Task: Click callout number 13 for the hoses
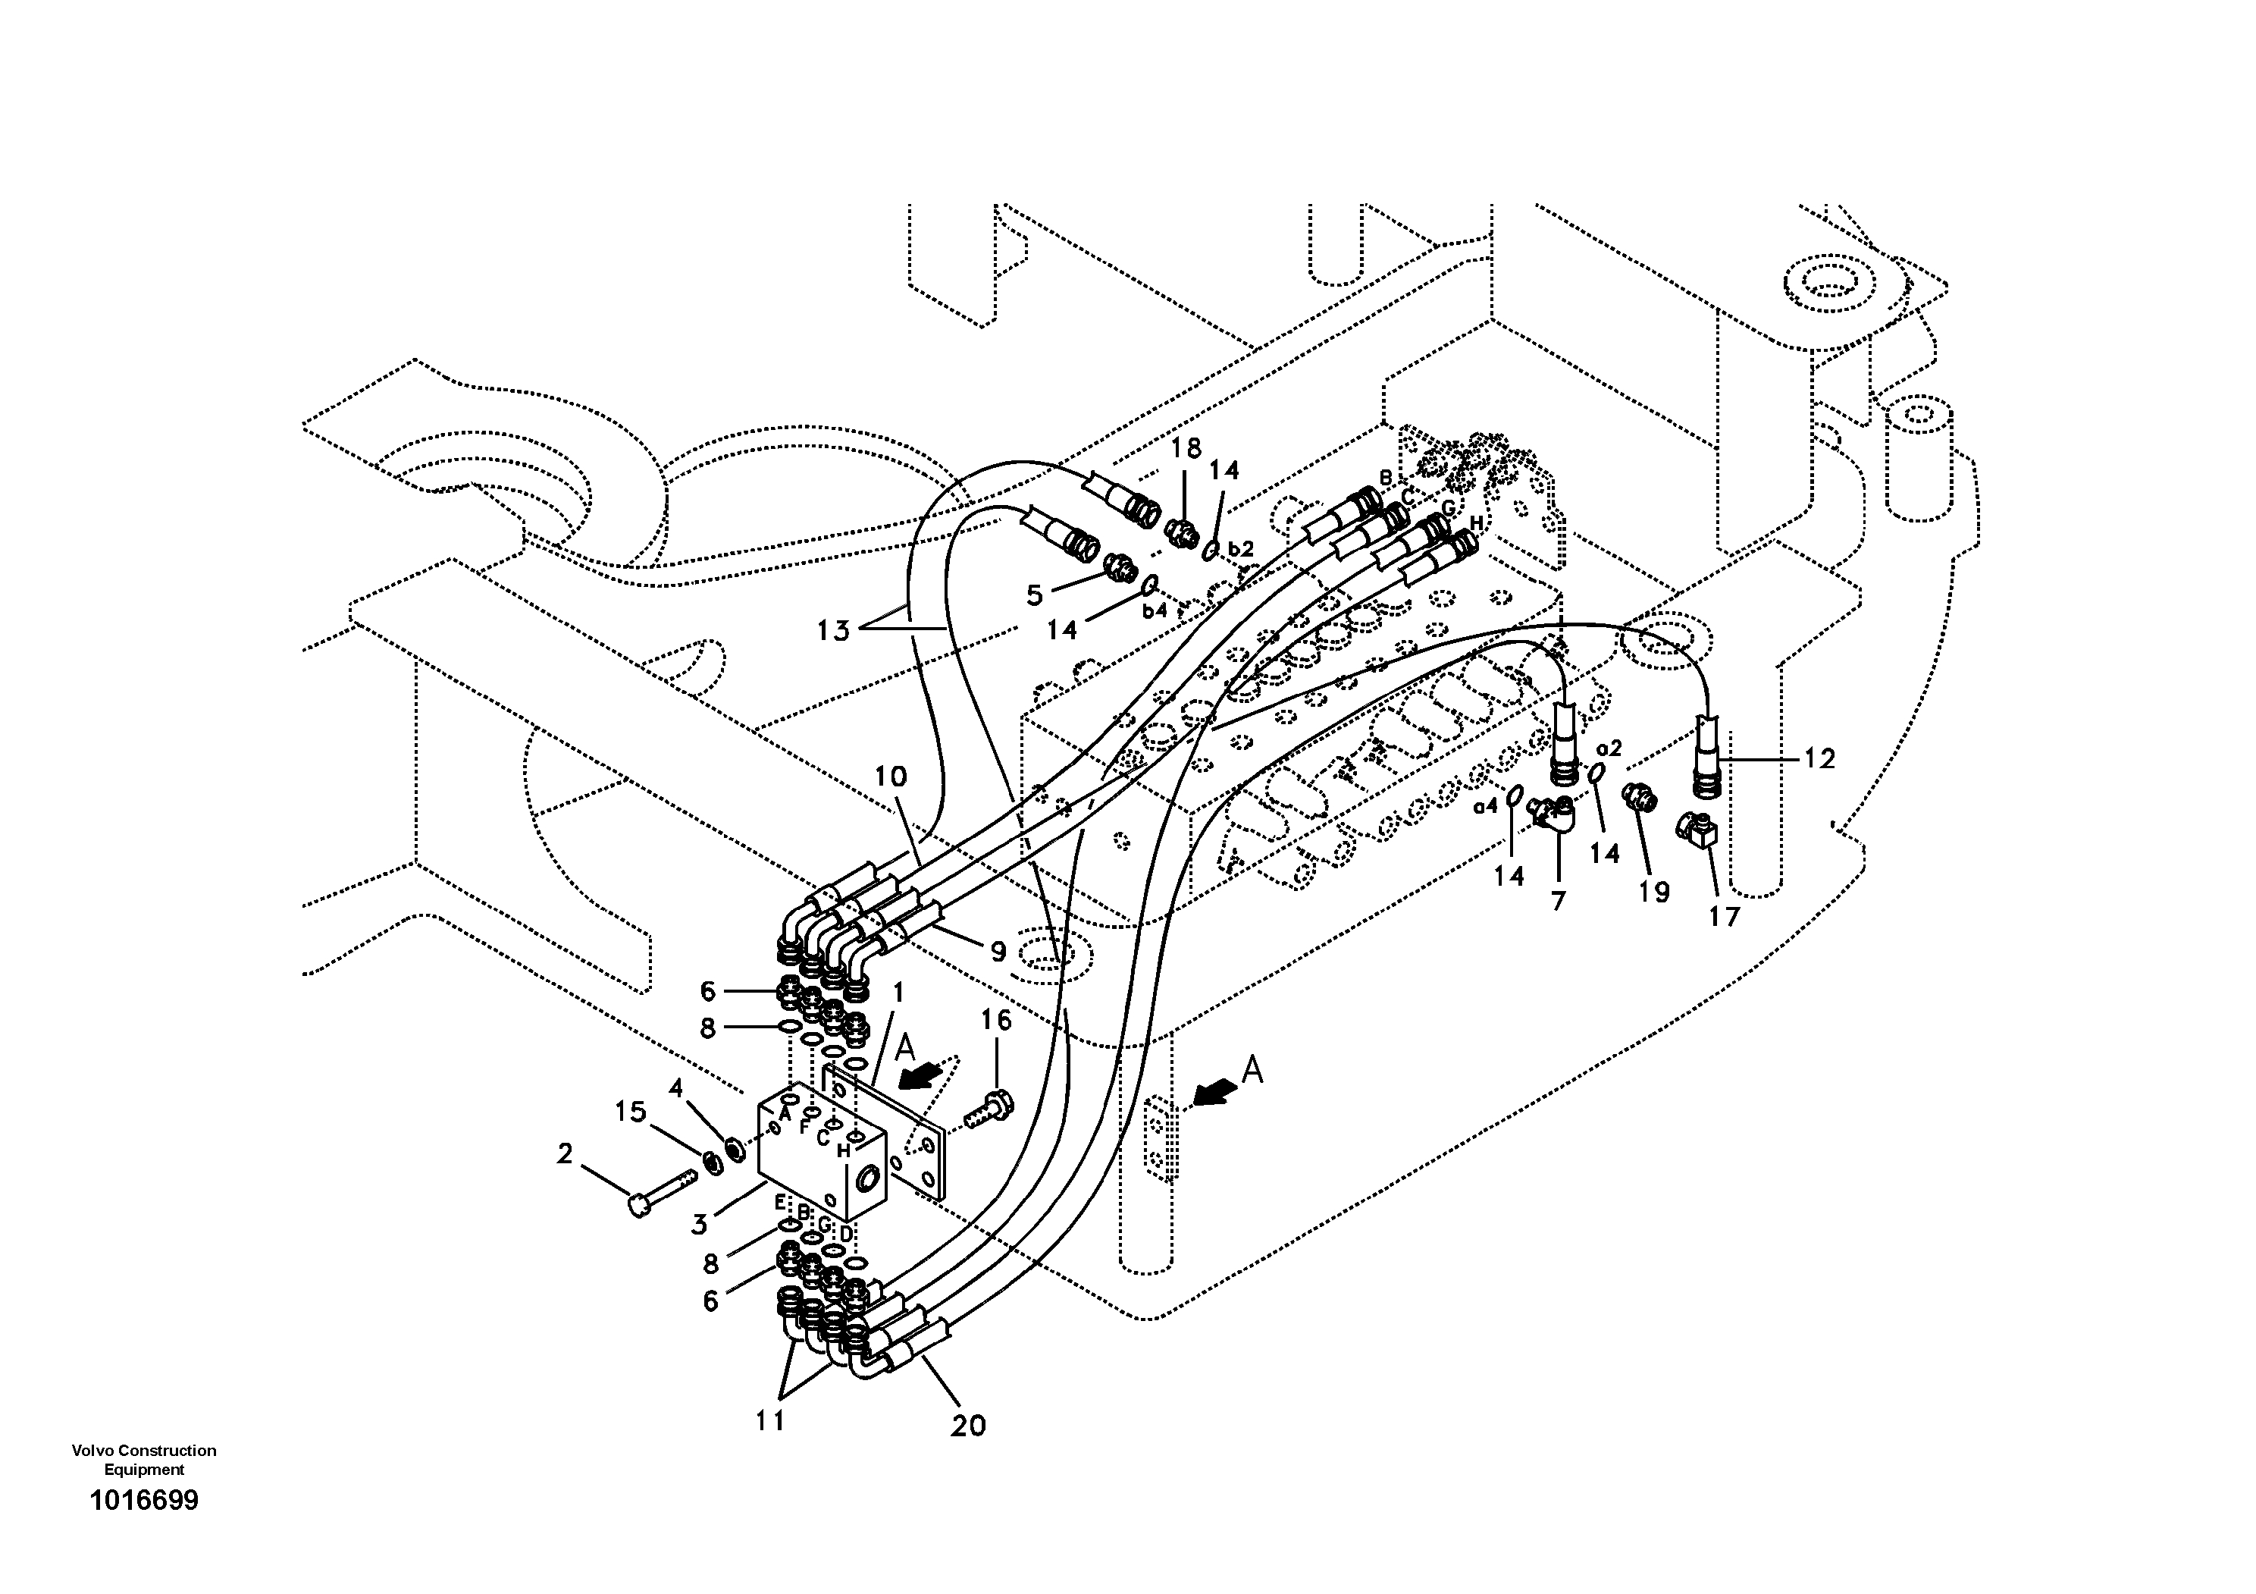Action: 832,630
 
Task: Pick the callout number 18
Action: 1186,448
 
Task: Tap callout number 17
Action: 1725,916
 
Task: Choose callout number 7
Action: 1557,900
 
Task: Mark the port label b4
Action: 1154,610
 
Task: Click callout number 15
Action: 630,1112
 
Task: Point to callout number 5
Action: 1034,595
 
